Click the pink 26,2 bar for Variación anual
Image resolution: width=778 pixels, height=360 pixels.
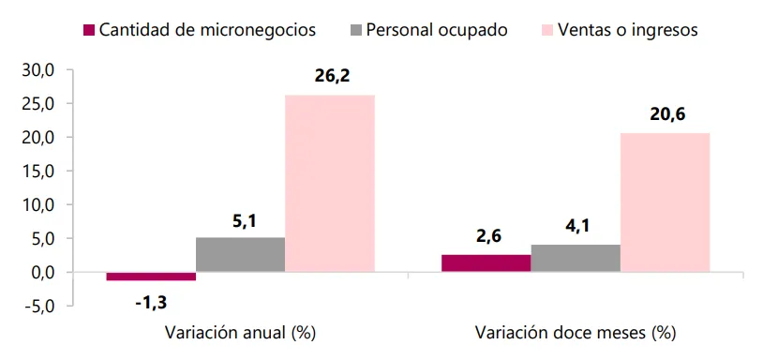330,183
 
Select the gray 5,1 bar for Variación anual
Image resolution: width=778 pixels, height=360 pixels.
241,254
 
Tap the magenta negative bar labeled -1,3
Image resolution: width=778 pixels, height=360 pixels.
151,277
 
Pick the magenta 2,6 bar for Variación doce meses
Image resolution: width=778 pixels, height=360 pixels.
486,263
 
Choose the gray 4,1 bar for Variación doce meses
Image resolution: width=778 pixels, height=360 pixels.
576,259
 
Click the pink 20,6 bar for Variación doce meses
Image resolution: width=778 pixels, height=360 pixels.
665,202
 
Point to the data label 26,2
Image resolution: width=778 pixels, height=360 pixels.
332,77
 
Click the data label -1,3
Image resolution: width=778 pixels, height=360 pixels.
151,303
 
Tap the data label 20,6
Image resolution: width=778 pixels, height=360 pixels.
667,114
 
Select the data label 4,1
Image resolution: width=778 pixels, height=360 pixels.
576,226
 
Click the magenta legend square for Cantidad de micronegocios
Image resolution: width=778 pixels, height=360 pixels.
89,30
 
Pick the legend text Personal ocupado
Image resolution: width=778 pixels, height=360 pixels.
437,30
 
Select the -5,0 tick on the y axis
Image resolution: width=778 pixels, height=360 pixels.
41,307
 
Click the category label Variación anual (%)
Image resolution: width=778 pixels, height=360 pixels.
239,333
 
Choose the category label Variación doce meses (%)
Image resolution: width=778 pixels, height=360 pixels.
575,333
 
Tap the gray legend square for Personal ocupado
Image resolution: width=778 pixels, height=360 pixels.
356,30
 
